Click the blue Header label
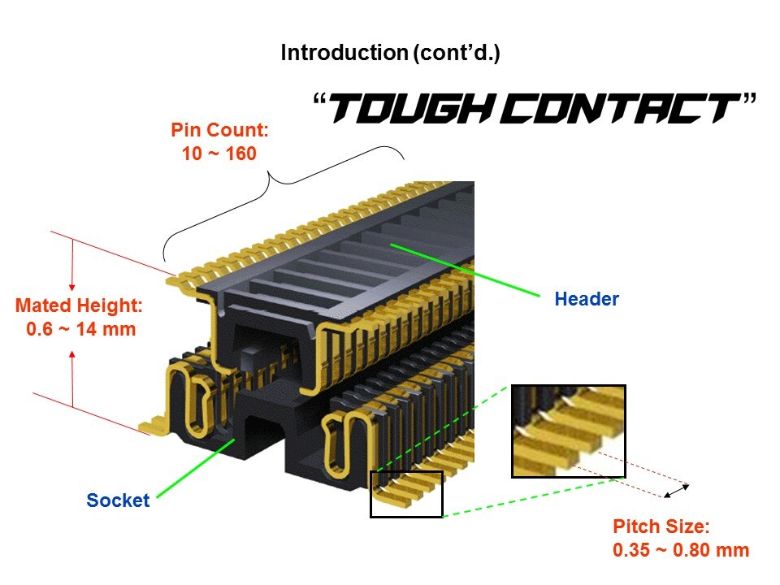pos(587,299)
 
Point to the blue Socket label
pos(118,500)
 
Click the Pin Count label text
pos(219,129)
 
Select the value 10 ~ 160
pos(219,153)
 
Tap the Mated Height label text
pos(79,306)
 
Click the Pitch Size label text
pos(661,526)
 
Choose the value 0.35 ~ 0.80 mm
pos(681,550)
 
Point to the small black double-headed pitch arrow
pos(677,490)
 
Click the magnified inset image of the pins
pos(568,431)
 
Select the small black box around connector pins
pos(406,493)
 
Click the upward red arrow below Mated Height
pos(72,378)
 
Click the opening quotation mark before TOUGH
pos(319,101)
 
